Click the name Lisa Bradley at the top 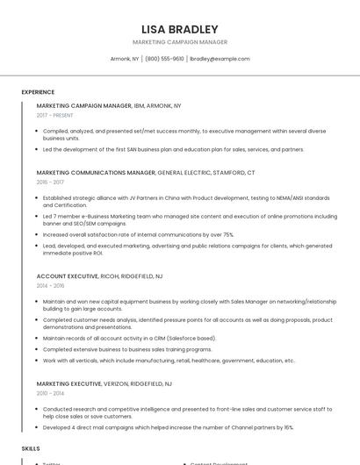click(179, 29)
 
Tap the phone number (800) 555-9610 click(164, 59)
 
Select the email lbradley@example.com click(220, 59)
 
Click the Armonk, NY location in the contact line click(124, 59)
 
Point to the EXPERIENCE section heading click(38, 92)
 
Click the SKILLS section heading click(31, 448)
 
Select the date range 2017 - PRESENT click(54, 115)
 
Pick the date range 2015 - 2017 click(50, 182)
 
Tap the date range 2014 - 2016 click(50, 285)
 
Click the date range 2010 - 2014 click(50, 393)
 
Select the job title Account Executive click(67, 275)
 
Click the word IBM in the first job click(139, 105)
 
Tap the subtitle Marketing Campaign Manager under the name click(179, 42)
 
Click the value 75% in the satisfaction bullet click(228, 235)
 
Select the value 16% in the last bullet click(288, 427)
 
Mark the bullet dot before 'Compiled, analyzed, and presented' click(37, 131)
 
